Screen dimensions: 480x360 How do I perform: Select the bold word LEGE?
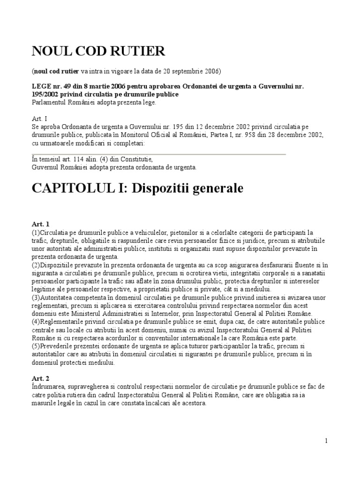pos(41,87)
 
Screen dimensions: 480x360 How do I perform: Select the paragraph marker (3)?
pos(36,298)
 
